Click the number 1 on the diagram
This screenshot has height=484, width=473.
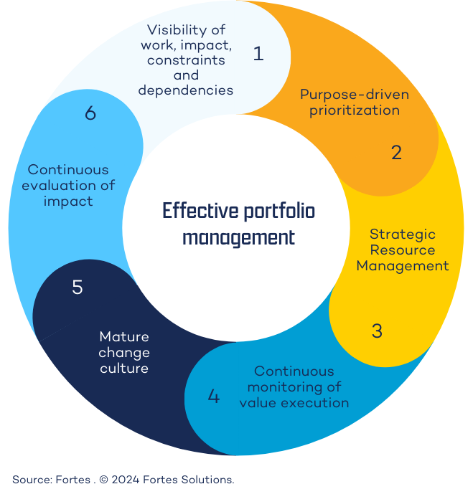coord(258,54)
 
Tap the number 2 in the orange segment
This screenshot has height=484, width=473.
coord(396,152)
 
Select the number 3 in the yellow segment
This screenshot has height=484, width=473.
coord(377,331)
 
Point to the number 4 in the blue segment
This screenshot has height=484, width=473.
coord(213,396)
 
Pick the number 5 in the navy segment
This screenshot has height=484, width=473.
coord(78,288)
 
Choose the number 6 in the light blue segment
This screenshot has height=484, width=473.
coord(90,114)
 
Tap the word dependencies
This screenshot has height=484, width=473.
coord(186,90)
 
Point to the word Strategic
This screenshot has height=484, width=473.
coord(402,234)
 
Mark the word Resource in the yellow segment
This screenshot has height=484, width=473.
coord(402,250)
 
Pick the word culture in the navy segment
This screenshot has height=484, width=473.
coord(124,369)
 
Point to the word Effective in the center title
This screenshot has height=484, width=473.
coord(195,212)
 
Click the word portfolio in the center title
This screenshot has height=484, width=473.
coord(275,212)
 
